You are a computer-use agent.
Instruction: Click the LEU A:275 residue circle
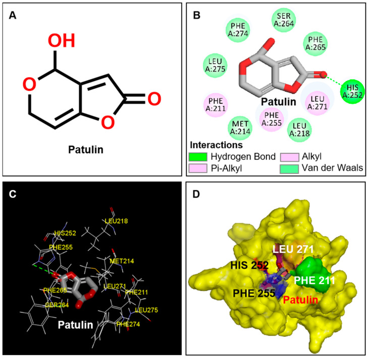214,66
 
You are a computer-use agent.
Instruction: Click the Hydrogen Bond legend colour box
198,157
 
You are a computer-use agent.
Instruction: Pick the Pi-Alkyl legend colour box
198,167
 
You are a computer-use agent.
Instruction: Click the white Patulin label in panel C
75,325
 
